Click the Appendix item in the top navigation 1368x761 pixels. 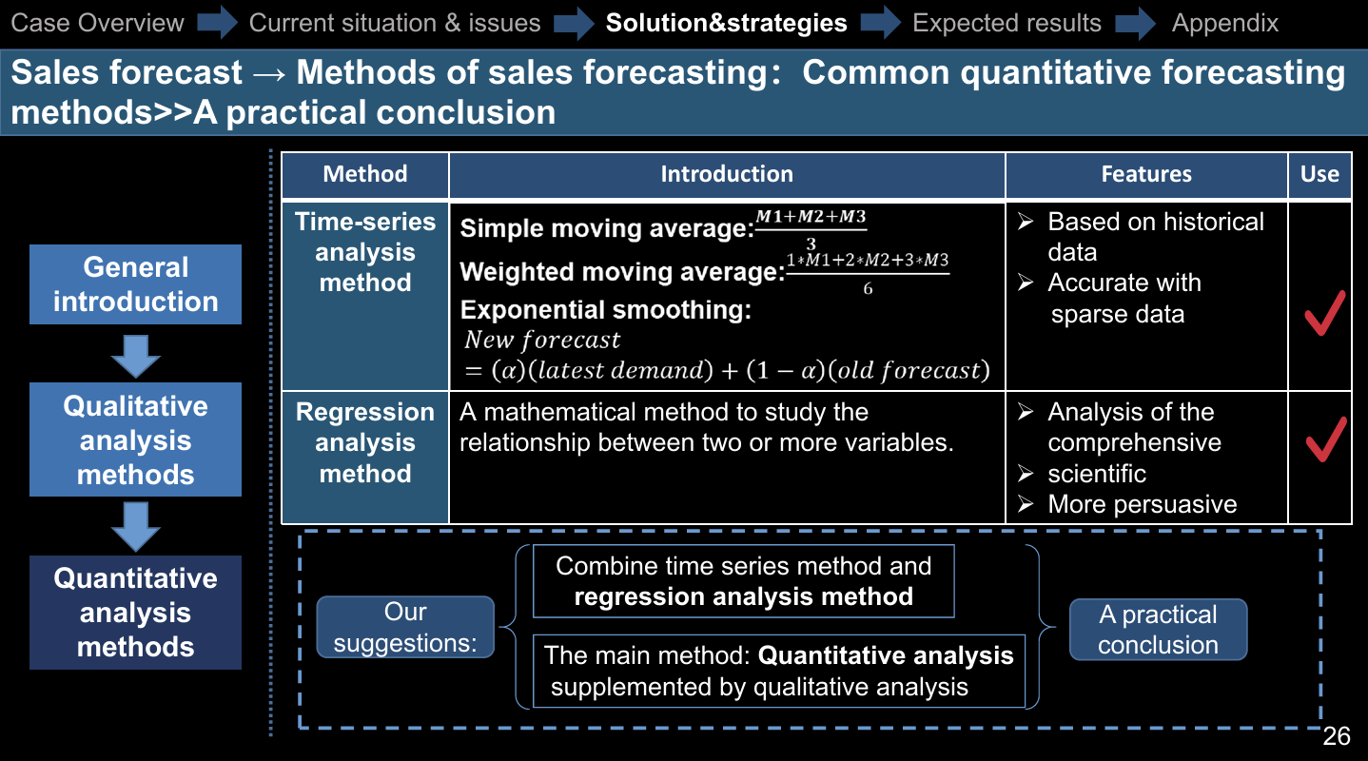click(1224, 23)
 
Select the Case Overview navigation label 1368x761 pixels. click(97, 23)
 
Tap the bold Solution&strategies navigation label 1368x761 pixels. click(726, 23)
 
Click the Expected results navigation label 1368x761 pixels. click(1006, 23)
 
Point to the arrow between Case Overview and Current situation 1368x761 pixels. click(218, 23)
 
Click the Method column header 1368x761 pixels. click(365, 174)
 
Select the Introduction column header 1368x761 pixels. click(727, 174)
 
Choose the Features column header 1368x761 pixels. click(1146, 174)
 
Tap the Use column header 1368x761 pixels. click(1319, 174)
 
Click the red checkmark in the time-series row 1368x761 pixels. click(1324, 314)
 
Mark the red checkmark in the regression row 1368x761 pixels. click(1325, 439)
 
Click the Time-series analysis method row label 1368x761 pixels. click(365, 252)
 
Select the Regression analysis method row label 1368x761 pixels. click(365, 442)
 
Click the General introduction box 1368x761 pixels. click(136, 284)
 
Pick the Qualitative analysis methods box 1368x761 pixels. click(136, 439)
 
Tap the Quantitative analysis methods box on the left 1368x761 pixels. click(136, 613)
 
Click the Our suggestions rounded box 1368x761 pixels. click(405, 627)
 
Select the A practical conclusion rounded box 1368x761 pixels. click(1158, 630)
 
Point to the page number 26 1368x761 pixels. click(1337, 736)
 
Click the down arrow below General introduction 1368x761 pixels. click(136, 356)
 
